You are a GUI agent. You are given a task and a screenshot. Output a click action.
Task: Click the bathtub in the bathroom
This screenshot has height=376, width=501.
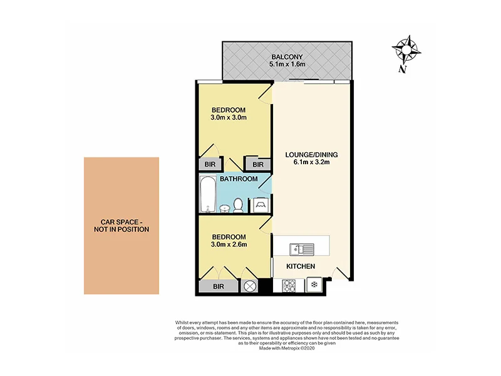click(207, 194)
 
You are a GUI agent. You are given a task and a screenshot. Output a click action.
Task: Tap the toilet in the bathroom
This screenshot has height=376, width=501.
click(239, 204)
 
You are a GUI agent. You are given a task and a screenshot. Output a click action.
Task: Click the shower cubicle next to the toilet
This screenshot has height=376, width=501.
click(260, 204)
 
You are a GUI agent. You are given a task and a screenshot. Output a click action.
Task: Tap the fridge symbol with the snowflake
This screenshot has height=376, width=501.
click(312, 285)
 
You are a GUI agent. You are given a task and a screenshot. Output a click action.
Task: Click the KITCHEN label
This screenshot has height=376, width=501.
click(300, 266)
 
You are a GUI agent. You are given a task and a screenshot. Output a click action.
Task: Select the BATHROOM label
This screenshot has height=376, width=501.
click(238, 179)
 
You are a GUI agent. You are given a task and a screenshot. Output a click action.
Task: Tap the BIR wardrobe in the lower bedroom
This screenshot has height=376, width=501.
click(219, 286)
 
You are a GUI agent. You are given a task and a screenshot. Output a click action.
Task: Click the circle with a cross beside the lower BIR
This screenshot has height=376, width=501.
click(250, 286)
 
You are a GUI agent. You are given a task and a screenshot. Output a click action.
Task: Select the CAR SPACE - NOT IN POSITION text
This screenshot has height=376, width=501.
click(121, 226)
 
